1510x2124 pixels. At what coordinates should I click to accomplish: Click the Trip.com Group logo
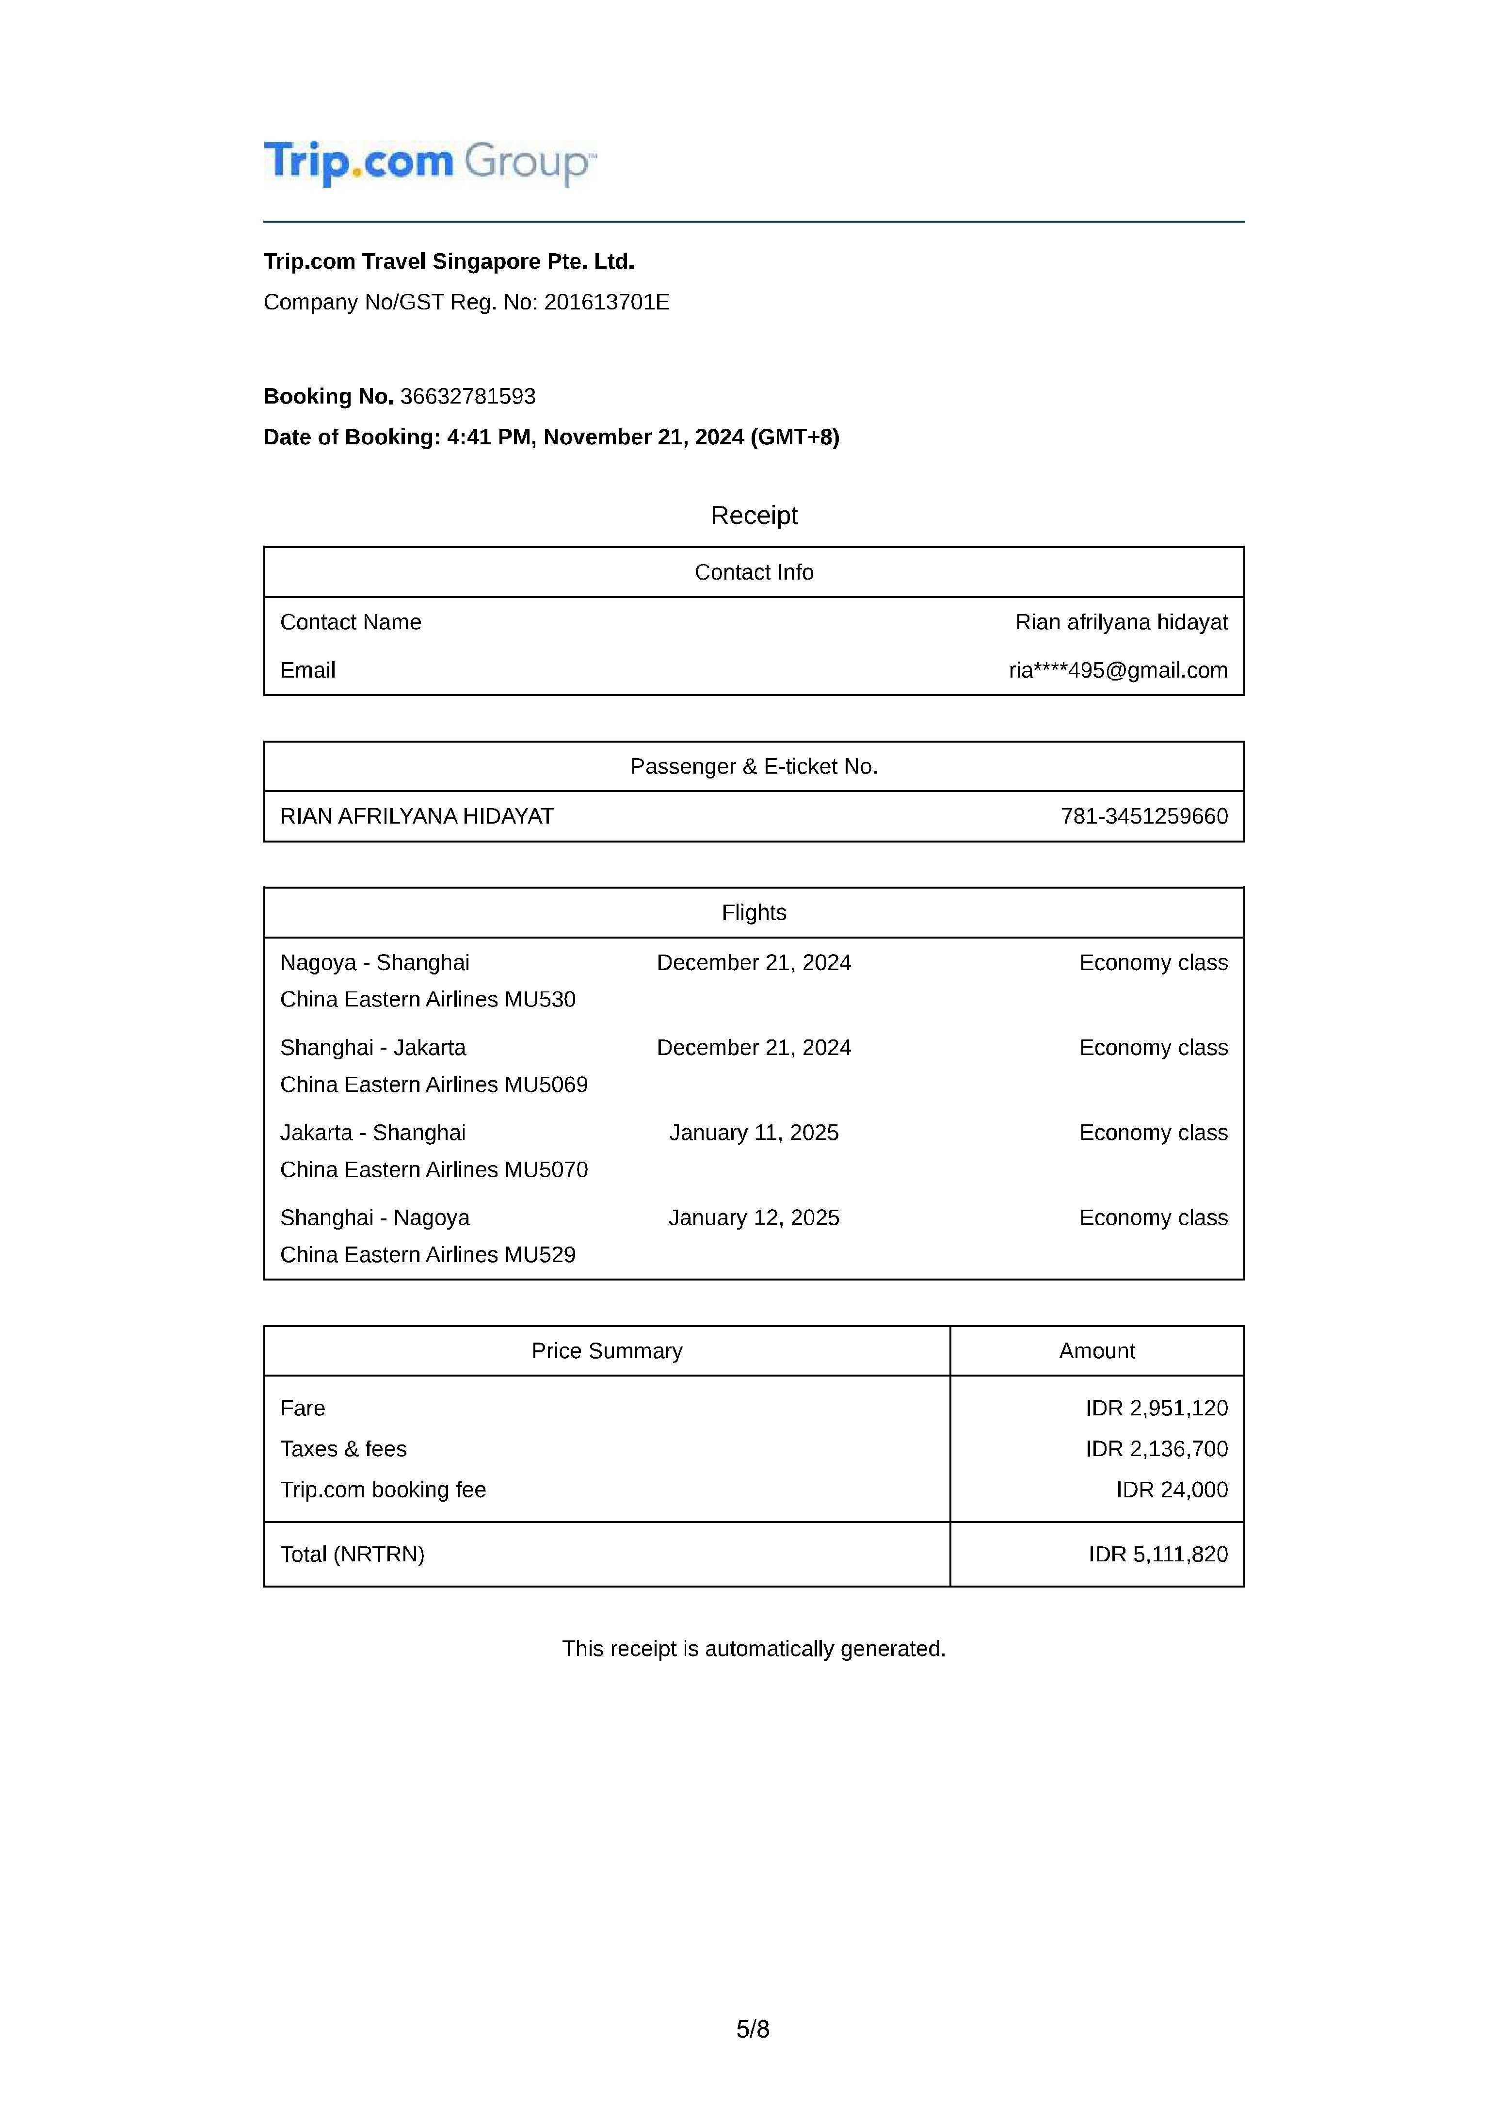coord(430,163)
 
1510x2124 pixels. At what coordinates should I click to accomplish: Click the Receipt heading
coord(754,515)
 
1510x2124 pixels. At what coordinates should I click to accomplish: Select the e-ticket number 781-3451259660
coord(1144,816)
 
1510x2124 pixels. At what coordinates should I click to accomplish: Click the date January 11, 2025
coord(754,1133)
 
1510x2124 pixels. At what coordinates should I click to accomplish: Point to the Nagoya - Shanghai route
coord(375,962)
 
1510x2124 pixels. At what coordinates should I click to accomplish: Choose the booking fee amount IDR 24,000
coord(1172,1490)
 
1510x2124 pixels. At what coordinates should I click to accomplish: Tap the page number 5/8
coord(753,2029)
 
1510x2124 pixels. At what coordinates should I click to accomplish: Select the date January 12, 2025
coord(754,1218)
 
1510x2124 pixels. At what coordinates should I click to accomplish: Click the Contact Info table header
coord(754,572)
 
